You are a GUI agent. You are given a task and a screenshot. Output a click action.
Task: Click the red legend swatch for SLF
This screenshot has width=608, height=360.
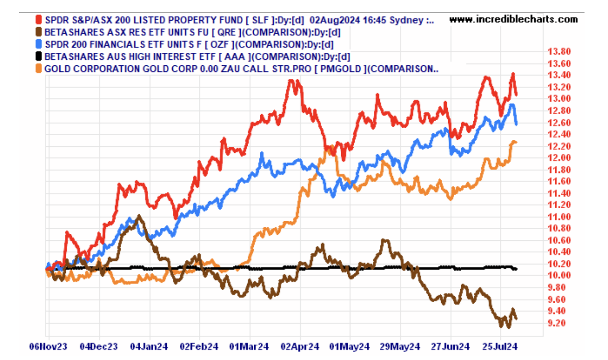(39, 20)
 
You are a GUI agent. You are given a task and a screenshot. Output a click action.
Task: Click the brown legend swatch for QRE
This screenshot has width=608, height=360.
(39, 32)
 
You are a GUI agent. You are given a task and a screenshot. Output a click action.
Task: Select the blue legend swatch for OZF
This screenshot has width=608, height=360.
(39, 44)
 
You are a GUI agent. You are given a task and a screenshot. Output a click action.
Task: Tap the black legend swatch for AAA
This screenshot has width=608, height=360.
(39, 56)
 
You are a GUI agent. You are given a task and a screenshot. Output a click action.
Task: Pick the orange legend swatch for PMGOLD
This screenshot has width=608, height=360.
(39, 68)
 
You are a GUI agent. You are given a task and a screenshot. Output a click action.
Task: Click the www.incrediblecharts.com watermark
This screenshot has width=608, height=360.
(513, 20)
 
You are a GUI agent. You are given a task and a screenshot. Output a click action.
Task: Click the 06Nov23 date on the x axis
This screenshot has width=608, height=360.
(48, 347)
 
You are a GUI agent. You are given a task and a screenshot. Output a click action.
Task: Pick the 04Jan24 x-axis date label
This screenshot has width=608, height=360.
(149, 347)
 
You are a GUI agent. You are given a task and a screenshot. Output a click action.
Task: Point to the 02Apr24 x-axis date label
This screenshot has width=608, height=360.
(300, 347)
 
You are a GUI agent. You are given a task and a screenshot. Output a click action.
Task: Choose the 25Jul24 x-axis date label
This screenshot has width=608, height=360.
(501, 347)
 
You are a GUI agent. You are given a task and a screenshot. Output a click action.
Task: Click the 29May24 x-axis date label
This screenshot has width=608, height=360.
(400, 347)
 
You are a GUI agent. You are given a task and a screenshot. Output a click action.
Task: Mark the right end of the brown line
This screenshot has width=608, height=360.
(516, 318)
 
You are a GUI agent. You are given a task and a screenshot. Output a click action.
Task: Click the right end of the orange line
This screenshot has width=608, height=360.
(517, 142)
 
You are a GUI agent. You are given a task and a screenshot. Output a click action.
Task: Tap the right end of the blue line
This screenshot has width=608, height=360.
(517, 123)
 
